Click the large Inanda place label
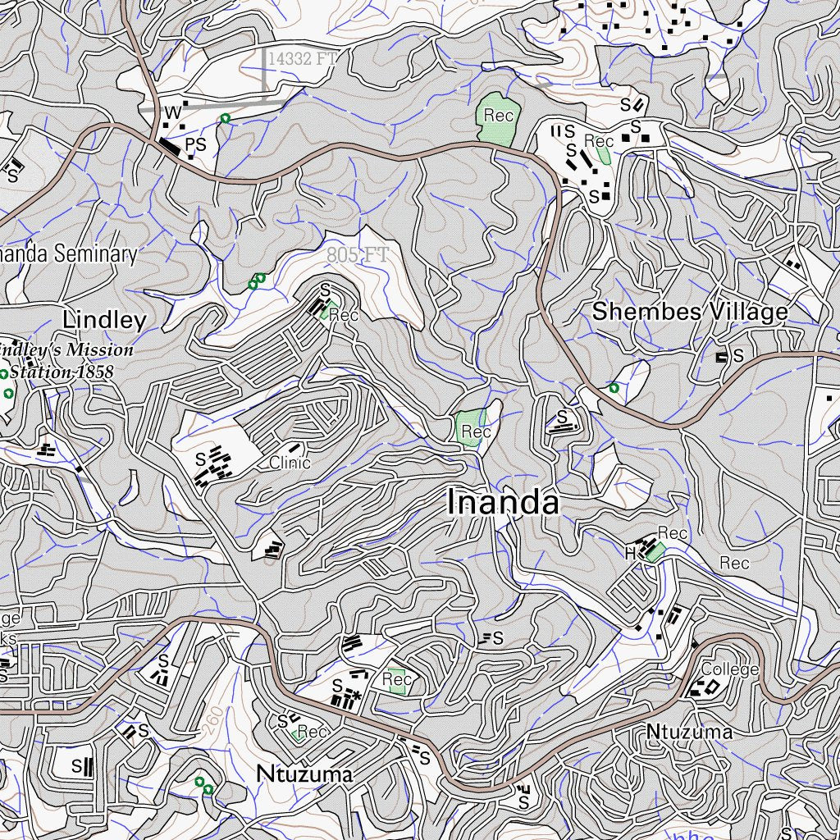click(504, 502)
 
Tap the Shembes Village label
click(689, 312)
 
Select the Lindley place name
click(104, 320)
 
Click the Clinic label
click(290, 463)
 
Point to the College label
click(729, 669)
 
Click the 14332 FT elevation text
click(302, 58)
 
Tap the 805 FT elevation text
click(356, 255)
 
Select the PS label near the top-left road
click(195, 145)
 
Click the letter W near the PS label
click(172, 112)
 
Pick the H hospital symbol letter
click(630, 554)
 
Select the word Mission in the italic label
click(99, 350)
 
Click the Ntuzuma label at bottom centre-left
click(304, 774)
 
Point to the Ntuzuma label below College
click(689, 731)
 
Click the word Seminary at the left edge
click(96, 254)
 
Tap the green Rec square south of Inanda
click(397, 680)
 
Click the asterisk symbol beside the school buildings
click(357, 696)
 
